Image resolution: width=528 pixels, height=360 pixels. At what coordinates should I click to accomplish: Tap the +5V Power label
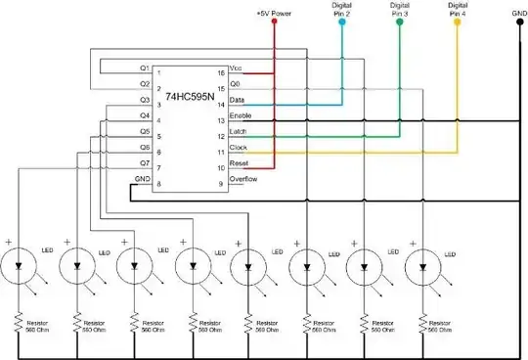275,15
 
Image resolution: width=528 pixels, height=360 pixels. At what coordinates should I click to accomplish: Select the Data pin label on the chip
237,103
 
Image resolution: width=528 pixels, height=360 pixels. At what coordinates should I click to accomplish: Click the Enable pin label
241,117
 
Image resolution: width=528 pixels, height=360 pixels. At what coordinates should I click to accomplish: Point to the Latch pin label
239,133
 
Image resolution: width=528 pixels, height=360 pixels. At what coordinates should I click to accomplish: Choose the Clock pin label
239,149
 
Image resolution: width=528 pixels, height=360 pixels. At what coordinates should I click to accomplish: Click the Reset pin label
239,164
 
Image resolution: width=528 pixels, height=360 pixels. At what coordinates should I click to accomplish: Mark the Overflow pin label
242,180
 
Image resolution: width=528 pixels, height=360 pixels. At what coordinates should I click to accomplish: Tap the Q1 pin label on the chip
144,68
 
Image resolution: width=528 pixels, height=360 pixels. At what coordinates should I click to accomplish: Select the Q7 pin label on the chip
144,163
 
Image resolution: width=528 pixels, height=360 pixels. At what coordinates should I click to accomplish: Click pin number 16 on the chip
220,72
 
